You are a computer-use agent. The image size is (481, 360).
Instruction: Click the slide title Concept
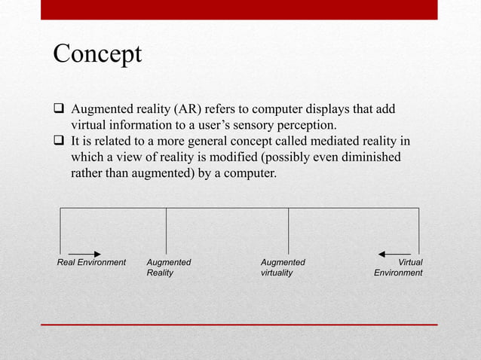[97, 54]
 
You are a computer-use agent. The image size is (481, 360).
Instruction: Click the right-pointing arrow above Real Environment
[84, 254]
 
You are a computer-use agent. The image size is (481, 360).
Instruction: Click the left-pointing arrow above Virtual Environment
[394, 254]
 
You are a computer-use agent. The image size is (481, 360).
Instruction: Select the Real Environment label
[91, 262]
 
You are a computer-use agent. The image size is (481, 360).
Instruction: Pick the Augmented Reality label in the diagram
[169, 267]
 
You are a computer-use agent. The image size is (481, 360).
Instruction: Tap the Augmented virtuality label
[283, 267]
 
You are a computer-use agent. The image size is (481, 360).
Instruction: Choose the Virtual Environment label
[399, 267]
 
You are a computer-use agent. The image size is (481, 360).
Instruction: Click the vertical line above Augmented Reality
[166, 230]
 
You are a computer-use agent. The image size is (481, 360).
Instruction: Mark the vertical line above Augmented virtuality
[288, 230]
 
